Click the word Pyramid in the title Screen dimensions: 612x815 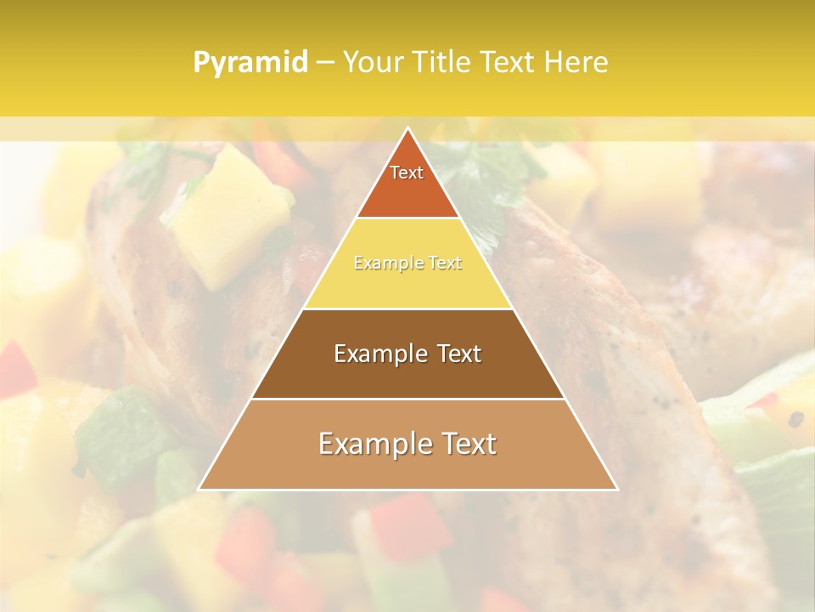click(250, 63)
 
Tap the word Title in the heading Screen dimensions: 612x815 click(443, 62)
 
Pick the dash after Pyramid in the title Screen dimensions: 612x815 click(323, 63)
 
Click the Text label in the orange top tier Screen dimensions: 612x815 click(407, 173)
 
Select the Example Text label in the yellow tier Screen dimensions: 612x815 click(407, 263)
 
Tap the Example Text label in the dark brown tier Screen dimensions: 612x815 click(407, 354)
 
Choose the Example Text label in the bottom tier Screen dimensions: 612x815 click(407, 444)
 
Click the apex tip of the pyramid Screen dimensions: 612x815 click(407, 129)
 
